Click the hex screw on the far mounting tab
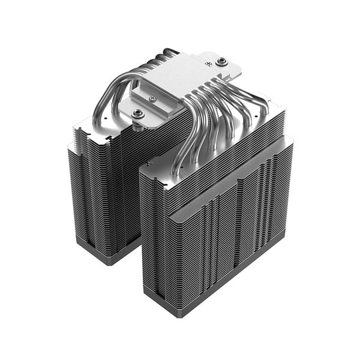tap(221, 61)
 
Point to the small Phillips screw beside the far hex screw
tap(207, 59)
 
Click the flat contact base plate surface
tap(180, 72)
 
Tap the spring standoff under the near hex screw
tap(139, 123)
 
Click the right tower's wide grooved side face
tap(240, 222)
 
